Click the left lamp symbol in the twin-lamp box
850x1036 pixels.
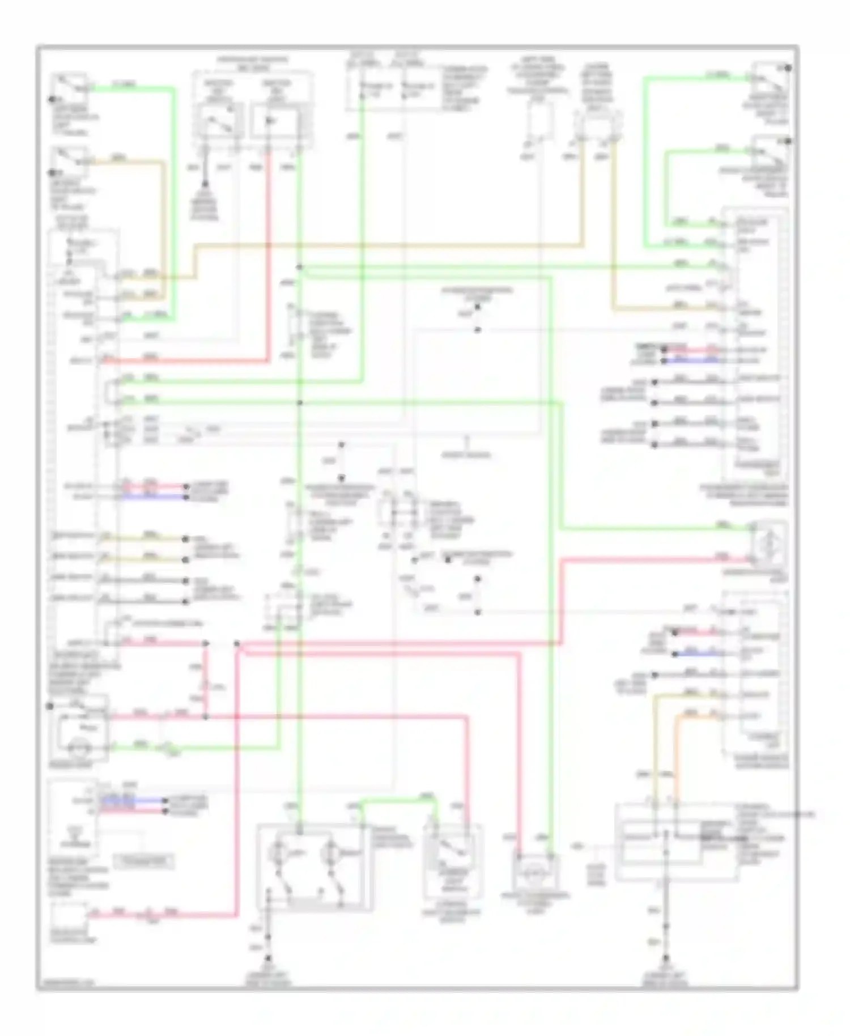[x=279, y=852]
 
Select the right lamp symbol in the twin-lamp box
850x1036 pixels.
[x=330, y=852]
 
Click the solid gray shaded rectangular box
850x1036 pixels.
[x=144, y=862]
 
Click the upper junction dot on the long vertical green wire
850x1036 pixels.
[x=300, y=268]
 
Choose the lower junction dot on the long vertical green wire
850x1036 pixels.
[x=300, y=403]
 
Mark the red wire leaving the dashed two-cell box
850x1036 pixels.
[x=269, y=255]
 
